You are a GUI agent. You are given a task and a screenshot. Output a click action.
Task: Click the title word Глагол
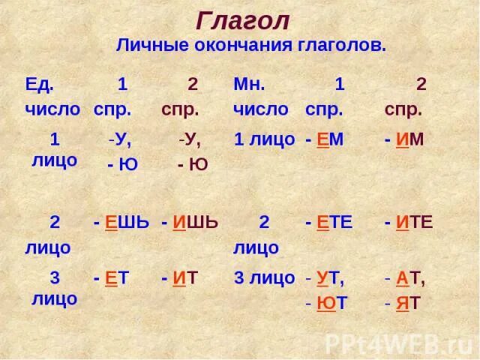(243, 21)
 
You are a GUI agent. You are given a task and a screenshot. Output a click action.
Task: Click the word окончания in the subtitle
(247, 45)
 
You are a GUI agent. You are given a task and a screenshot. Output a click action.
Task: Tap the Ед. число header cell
(52, 96)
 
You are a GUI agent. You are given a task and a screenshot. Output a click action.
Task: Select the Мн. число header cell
(260, 96)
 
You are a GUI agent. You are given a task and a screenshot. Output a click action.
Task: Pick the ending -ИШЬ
(190, 223)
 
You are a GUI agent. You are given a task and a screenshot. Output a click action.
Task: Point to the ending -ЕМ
(325, 140)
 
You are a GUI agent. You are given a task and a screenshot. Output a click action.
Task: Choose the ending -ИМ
(404, 140)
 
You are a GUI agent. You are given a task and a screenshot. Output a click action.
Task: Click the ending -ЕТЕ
(329, 223)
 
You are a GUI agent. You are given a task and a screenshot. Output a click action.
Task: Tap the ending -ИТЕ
(409, 223)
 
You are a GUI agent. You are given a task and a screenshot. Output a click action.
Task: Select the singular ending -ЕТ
(112, 278)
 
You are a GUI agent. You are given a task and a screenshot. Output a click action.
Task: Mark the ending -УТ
(325, 278)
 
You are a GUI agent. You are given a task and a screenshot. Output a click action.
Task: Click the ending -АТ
(405, 278)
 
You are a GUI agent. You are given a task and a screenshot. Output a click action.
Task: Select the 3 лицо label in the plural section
(264, 278)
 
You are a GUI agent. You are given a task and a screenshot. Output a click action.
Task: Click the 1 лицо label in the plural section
(264, 140)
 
